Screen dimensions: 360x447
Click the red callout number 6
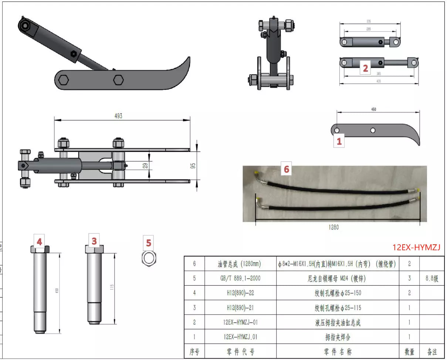(287, 169)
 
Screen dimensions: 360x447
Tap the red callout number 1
(339, 141)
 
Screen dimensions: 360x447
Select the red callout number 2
(365, 68)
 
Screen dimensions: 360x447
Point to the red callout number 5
(149, 243)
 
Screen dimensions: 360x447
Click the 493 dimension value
(118, 116)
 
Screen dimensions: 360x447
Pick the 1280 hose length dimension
(333, 227)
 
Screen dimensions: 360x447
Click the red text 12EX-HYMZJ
(416, 247)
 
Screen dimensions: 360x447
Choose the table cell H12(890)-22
(240, 293)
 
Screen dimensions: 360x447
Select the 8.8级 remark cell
(431, 278)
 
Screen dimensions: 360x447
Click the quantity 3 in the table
(409, 278)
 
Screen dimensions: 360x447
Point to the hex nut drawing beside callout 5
(149, 257)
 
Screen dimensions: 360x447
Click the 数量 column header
(409, 351)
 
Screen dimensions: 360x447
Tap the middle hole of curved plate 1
(373, 130)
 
